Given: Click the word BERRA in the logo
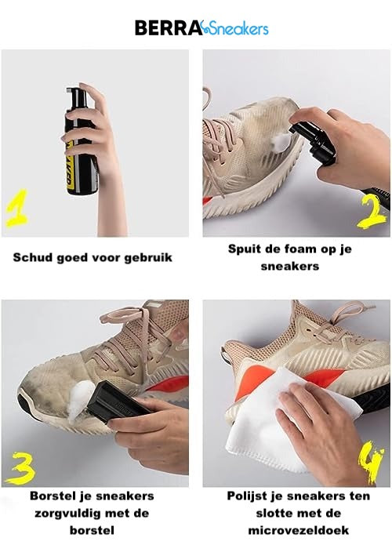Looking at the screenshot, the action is (169, 27).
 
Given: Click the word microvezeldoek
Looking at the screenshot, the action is (298, 531).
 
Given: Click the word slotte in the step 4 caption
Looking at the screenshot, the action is (273, 514).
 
